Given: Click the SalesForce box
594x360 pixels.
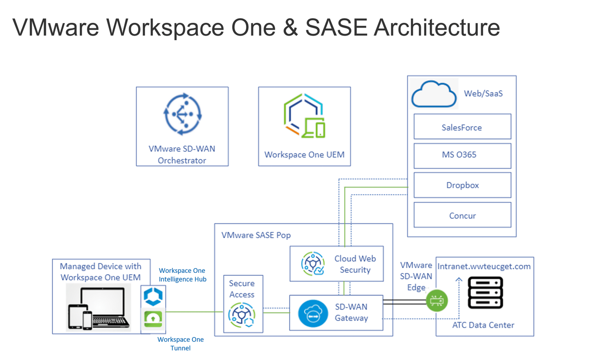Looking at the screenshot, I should tap(462, 127).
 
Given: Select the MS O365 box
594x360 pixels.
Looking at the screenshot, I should tap(462, 155).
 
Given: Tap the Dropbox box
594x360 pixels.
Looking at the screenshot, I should tap(462, 185).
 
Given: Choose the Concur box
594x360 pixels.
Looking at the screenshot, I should tap(462, 215).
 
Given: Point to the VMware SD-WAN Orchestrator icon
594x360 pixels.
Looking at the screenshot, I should tap(182, 114).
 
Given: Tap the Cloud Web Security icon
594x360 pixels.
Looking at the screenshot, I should tap(313, 264).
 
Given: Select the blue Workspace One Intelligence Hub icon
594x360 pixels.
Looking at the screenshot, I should tap(153, 296).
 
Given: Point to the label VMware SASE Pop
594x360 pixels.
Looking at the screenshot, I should tap(256, 235).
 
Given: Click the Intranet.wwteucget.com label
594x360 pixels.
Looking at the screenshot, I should tap(485, 266).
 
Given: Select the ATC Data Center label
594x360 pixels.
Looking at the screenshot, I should tap(483, 325).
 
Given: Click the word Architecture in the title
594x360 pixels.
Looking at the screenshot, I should tap(436, 28).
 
